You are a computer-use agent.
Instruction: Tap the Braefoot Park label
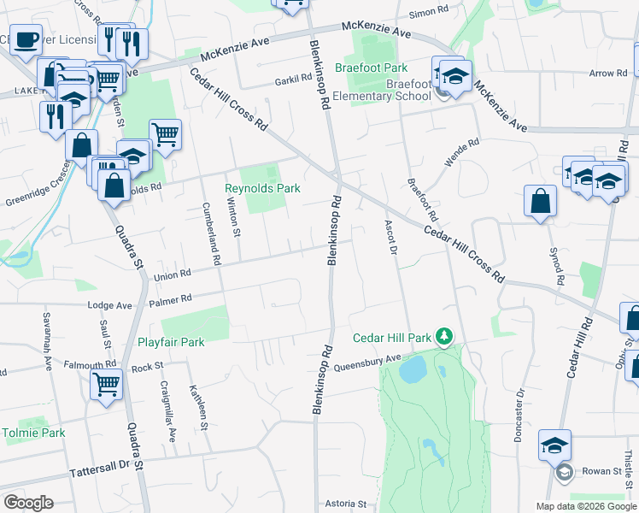[372, 68]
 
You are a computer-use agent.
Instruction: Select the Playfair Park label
[171, 342]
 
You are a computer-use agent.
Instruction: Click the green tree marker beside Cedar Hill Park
[443, 337]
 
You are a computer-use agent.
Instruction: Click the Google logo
[28, 502]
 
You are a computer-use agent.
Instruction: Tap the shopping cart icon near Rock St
[106, 384]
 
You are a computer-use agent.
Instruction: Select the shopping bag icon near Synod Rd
[539, 202]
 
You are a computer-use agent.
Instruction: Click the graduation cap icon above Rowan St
[554, 445]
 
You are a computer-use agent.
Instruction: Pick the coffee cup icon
[26, 38]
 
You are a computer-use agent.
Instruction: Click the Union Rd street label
[172, 275]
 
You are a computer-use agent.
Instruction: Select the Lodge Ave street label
[110, 305]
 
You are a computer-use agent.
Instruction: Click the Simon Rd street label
[429, 12]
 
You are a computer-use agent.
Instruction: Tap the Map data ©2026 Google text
[585, 506]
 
